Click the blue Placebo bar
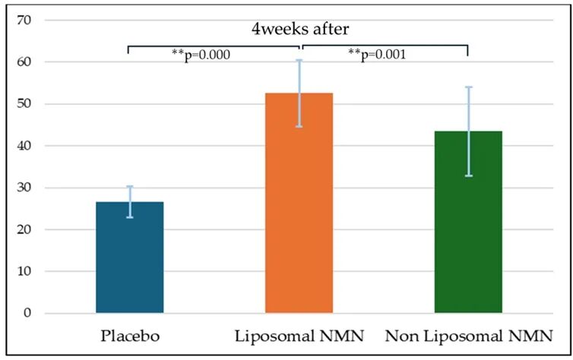[130, 257]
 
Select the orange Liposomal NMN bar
[299, 203]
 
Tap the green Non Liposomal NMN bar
[468, 222]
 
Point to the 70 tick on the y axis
[24, 20]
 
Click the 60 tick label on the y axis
[24, 62]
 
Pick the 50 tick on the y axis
[24, 104]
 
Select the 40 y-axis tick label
[24, 146]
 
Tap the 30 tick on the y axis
[24, 188]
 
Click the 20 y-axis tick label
[24, 229]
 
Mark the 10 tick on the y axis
[24, 271]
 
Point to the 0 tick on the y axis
[28, 313]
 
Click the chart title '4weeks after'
[300, 29]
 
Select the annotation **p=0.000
[201, 55]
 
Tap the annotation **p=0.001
[377, 55]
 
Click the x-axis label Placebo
[130, 336]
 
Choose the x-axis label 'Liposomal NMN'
[299, 336]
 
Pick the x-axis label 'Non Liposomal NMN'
[469, 336]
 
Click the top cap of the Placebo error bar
[130, 186]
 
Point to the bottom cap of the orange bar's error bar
[299, 126]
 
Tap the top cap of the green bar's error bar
[469, 87]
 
